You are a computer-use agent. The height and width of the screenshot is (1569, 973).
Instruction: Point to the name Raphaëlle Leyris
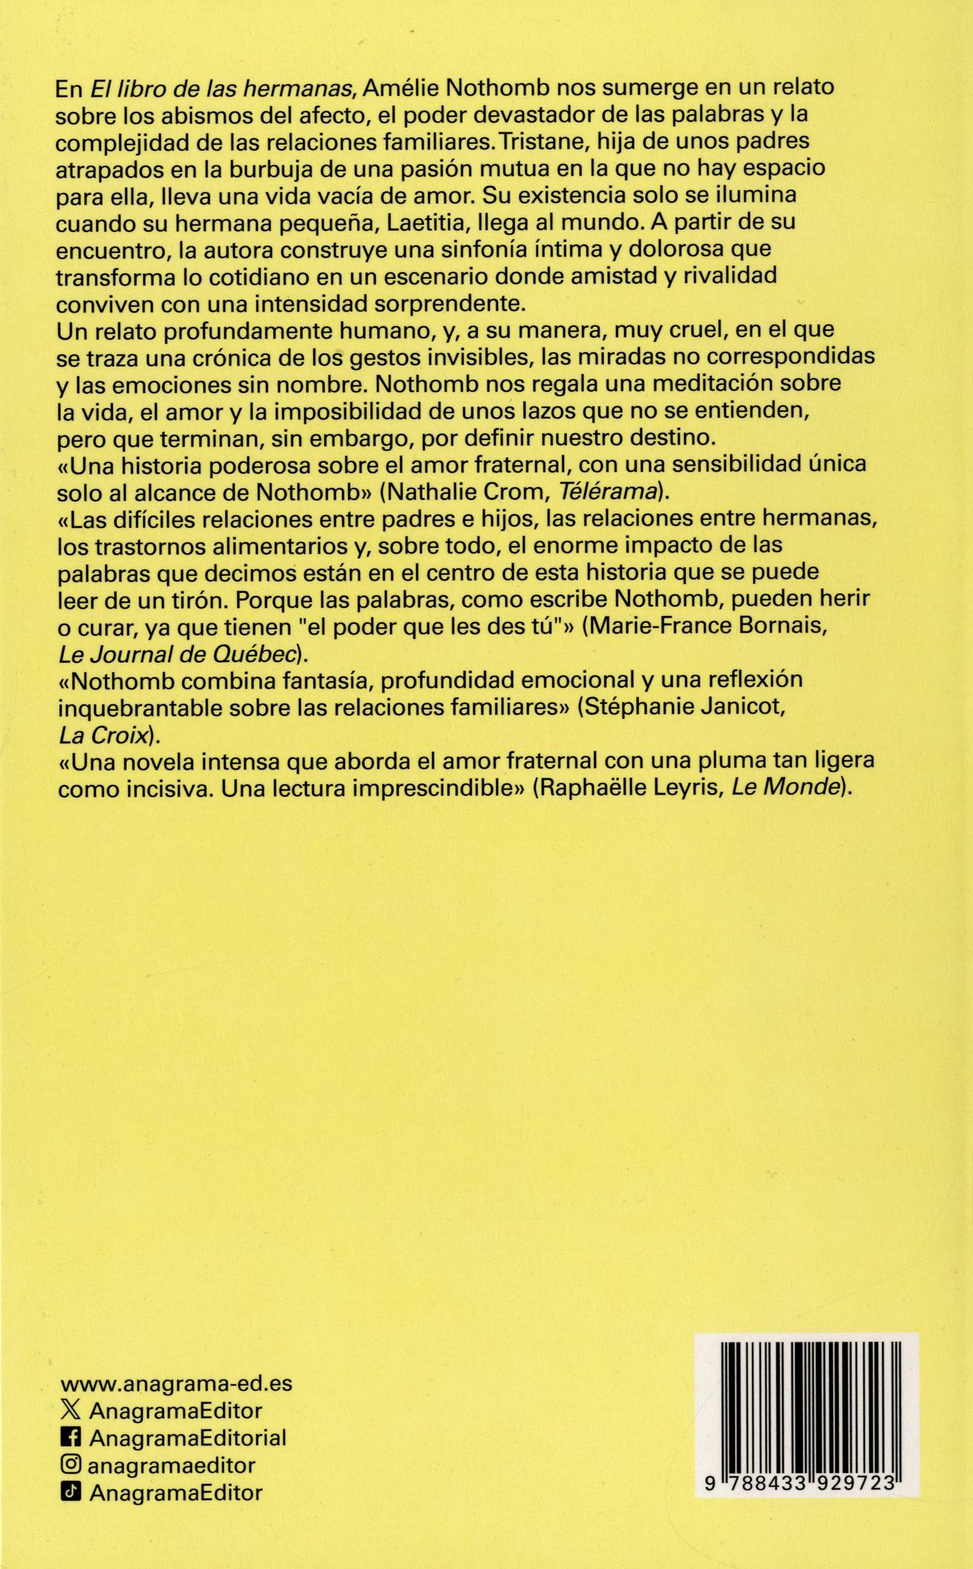(x=629, y=789)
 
